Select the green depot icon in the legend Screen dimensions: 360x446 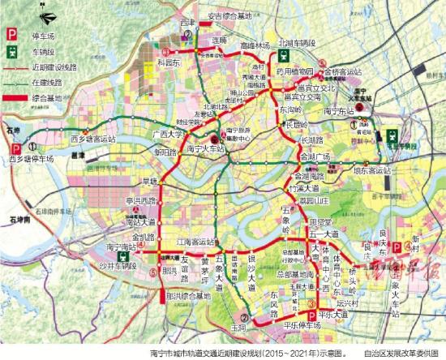pos(12,51)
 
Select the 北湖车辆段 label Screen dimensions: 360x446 pos(296,41)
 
